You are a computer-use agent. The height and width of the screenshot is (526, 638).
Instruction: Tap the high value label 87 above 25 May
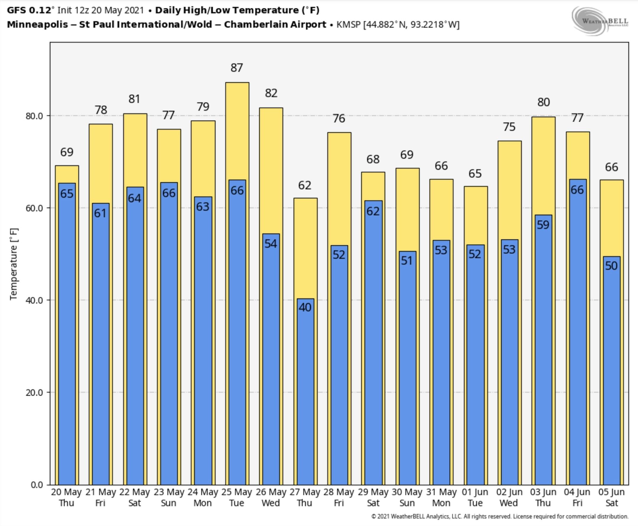coord(237,68)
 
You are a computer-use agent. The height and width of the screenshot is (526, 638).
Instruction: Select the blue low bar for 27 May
coord(305,394)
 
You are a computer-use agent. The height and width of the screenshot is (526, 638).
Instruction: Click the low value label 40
coord(305,307)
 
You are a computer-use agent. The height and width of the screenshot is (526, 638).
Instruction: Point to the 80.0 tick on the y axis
coord(34,116)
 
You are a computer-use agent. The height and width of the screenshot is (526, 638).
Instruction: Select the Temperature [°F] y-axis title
coord(14,264)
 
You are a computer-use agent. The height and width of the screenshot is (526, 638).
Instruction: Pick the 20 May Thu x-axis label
coord(66,497)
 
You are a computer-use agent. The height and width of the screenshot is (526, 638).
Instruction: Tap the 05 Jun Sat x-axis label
coord(612,497)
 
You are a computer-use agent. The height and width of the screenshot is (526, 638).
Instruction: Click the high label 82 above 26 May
coord(271,93)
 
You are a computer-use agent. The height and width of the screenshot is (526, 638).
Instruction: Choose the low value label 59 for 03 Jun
coord(543,225)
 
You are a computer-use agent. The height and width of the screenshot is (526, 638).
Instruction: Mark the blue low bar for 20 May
coord(67,333)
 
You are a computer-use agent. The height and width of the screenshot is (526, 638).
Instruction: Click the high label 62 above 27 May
coord(305,185)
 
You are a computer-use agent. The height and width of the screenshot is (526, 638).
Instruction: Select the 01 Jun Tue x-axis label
coord(475,497)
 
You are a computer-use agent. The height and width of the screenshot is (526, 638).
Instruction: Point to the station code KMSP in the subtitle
coord(349,24)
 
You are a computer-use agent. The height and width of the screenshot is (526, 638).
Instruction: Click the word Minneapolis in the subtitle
coord(37,24)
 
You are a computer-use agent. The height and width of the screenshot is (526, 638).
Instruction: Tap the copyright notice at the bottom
coord(500,516)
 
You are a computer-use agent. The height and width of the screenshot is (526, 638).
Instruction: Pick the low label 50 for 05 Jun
coord(611,266)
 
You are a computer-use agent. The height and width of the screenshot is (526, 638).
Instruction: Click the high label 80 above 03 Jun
coord(543,102)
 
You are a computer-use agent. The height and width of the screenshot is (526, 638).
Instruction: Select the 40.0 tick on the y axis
coord(34,300)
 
